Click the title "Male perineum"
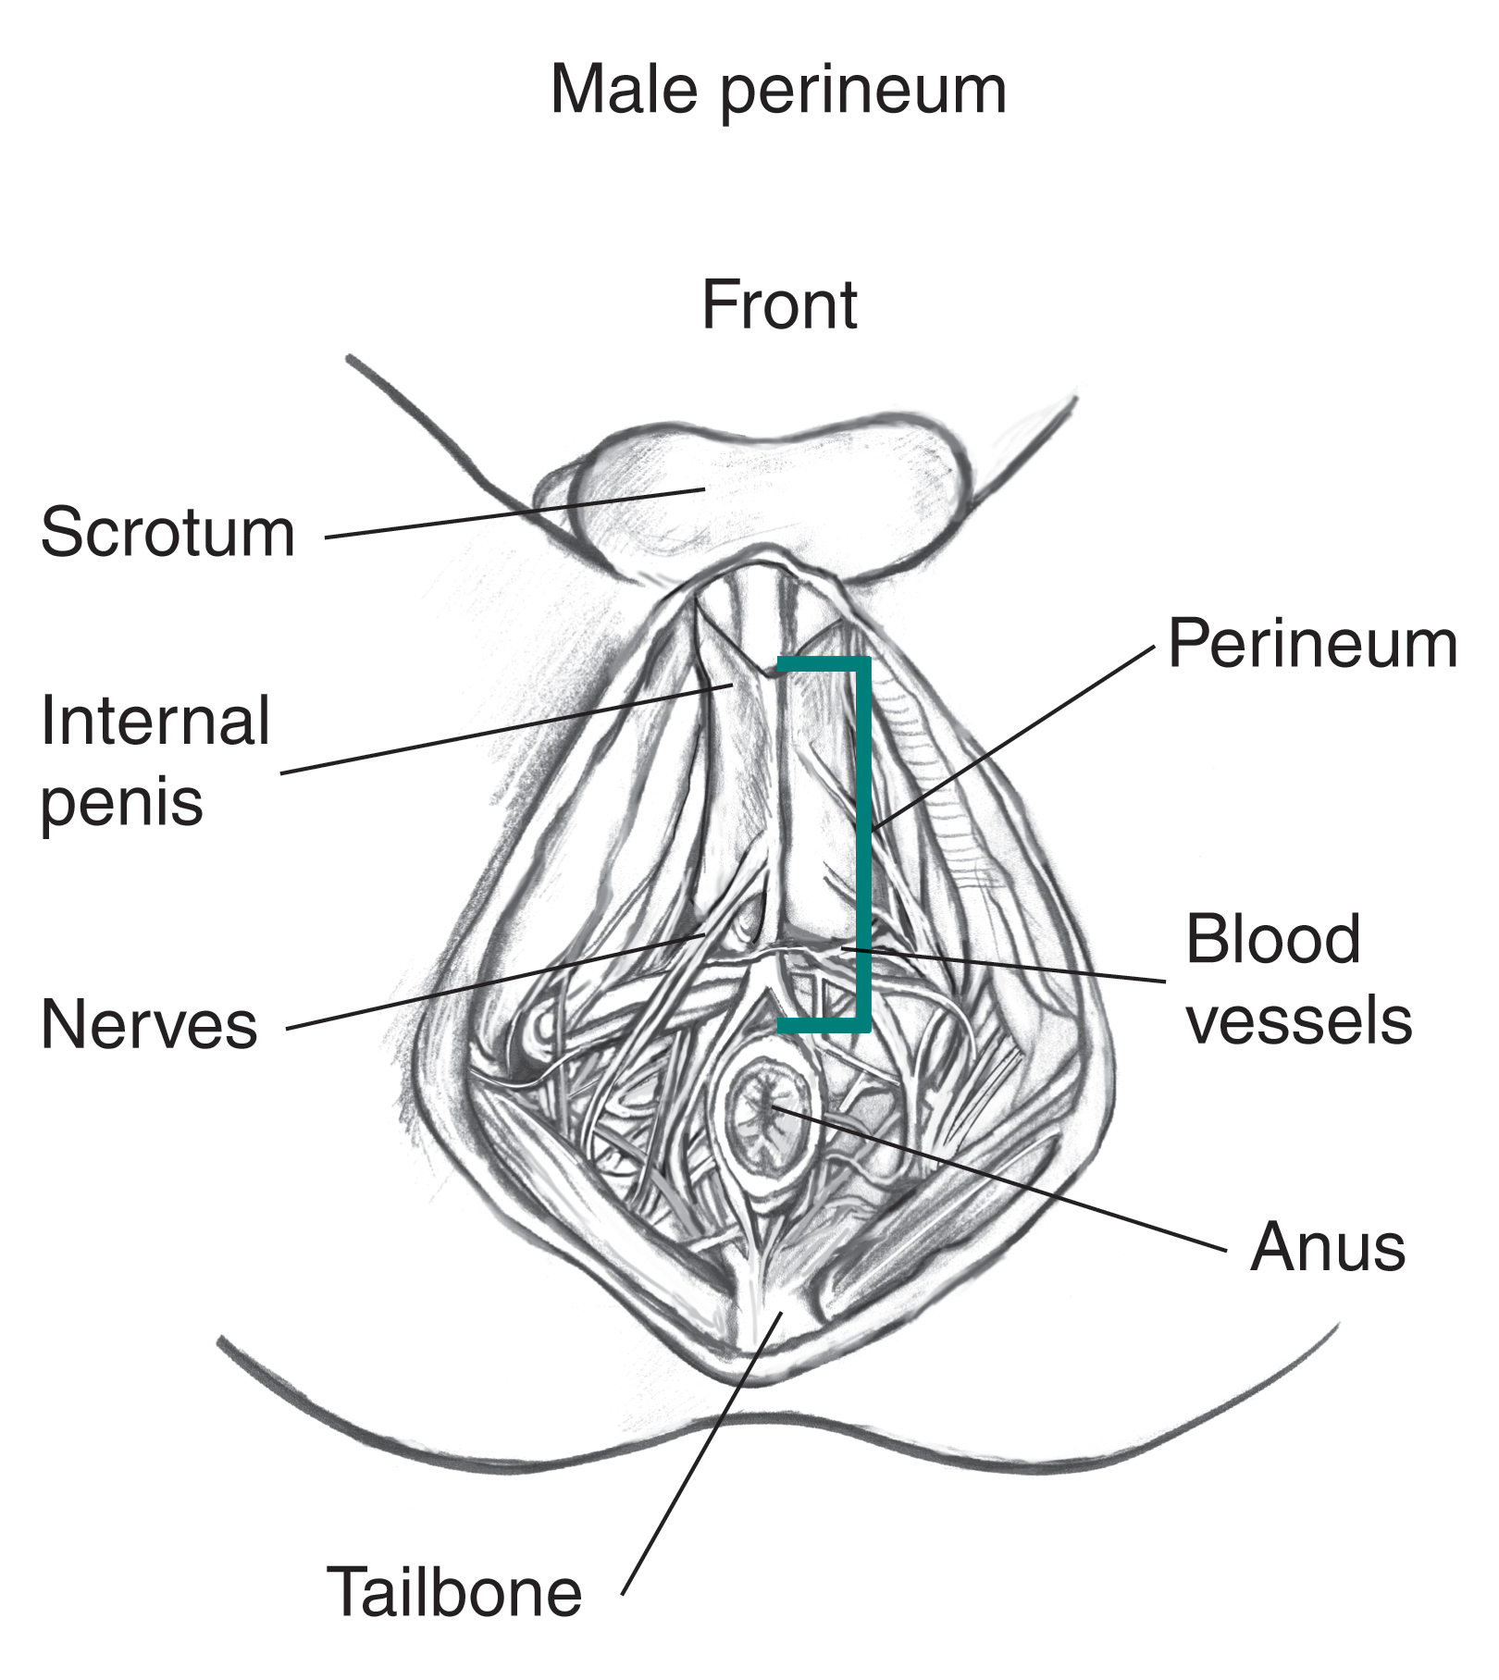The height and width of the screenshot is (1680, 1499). [x=778, y=90]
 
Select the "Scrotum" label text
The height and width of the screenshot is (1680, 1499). [x=167, y=533]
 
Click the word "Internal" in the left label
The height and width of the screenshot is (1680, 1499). [x=155, y=722]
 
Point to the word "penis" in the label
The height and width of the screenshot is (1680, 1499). [x=121, y=801]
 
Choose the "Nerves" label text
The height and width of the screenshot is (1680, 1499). [x=149, y=1025]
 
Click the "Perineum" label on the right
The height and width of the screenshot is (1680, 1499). [x=1312, y=645]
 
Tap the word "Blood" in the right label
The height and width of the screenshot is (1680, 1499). [x=1272, y=939]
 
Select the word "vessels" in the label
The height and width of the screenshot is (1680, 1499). [x=1299, y=1019]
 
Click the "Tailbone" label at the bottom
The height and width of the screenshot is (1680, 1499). [x=454, y=1592]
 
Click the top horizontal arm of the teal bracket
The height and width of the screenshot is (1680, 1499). [x=822, y=663]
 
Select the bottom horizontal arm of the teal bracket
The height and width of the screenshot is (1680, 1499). [x=822, y=1024]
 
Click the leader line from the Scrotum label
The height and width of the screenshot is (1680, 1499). [x=509, y=513]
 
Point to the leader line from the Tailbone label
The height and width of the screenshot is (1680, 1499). [x=694, y=1462]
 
